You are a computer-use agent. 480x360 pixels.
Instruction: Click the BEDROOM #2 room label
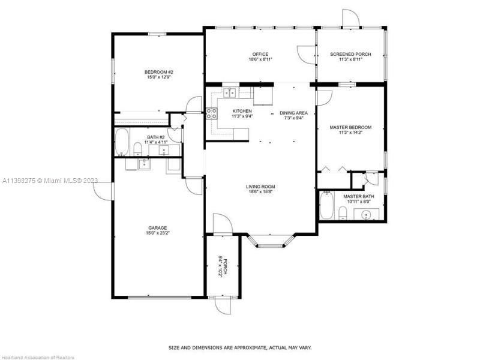coord(158,72)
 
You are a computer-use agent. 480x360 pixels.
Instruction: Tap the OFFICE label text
coord(260,54)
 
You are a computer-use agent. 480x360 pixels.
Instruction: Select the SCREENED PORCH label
coord(350,54)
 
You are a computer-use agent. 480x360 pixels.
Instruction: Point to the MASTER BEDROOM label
coord(350,127)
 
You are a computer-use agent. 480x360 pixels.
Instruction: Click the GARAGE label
coord(158,228)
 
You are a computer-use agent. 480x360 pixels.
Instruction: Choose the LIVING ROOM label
coord(260,187)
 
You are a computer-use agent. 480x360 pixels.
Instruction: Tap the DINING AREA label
coord(293,113)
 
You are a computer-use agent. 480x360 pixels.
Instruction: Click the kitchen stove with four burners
coord(212,113)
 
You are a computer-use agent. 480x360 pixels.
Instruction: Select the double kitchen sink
coord(230,92)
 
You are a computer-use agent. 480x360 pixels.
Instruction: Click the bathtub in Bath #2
coord(122,142)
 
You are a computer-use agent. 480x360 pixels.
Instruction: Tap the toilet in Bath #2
coord(138,149)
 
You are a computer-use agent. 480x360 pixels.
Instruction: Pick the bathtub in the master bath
coord(326,205)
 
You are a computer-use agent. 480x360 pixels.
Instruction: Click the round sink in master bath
coord(366,215)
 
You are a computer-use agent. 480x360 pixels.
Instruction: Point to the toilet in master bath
coord(343,213)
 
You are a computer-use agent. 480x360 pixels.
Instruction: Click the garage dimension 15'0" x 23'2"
coord(158,233)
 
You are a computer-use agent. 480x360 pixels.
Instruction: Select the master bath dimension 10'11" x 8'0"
coord(358,202)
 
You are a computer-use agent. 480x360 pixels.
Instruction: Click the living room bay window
coord(271,241)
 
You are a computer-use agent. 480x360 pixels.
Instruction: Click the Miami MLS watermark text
coord(50,181)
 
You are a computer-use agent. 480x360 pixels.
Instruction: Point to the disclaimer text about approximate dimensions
coord(241,348)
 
